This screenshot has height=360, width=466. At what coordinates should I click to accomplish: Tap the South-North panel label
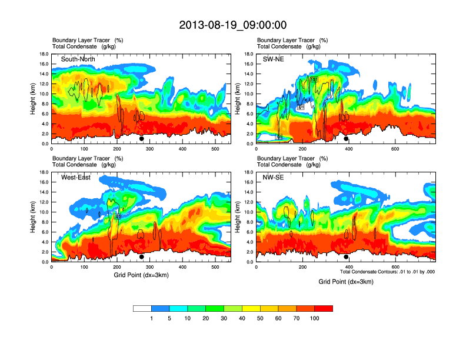[x=78, y=59]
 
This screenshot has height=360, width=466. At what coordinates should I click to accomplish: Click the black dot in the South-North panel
[x=142, y=139]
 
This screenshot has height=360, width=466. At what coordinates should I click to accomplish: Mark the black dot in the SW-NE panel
[x=346, y=139]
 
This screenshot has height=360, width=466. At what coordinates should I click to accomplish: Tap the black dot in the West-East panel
[x=142, y=257]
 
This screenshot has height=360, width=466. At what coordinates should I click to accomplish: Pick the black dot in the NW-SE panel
[x=346, y=257]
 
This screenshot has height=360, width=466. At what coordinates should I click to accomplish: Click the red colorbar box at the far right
[x=324, y=308]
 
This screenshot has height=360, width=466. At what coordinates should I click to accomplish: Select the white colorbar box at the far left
[x=142, y=308]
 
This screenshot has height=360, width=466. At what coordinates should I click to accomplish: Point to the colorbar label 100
[x=315, y=318]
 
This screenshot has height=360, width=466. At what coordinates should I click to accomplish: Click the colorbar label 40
[x=242, y=318]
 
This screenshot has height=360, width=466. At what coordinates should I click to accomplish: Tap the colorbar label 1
[x=152, y=318]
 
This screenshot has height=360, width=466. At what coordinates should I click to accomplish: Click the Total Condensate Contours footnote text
[x=388, y=272]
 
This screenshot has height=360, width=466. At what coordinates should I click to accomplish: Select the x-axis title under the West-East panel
[x=141, y=275]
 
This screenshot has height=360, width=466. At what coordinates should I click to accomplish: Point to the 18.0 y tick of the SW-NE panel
[x=249, y=54]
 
